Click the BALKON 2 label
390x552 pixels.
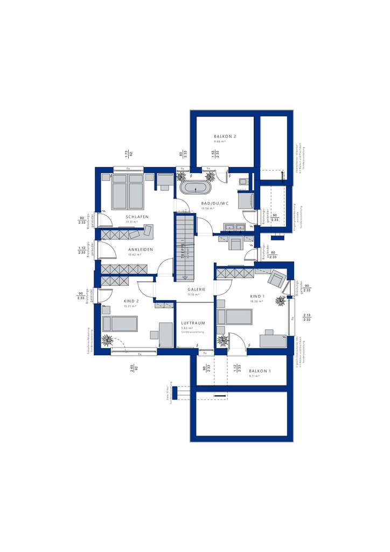(x=225, y=137)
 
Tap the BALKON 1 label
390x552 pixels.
(x=260, y=371)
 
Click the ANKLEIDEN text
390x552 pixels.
(x=141, y=250)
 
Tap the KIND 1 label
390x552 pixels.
(x=257, y=296)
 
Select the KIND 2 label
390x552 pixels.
(x=131, y=301)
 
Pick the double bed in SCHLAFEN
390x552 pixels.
(x=128, y=191)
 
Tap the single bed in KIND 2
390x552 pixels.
(x=120, y=323)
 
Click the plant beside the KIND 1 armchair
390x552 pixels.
(x=281, y=300)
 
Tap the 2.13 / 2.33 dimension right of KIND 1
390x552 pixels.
(x=307, y=318)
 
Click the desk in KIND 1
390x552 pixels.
(x=274, y=340)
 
